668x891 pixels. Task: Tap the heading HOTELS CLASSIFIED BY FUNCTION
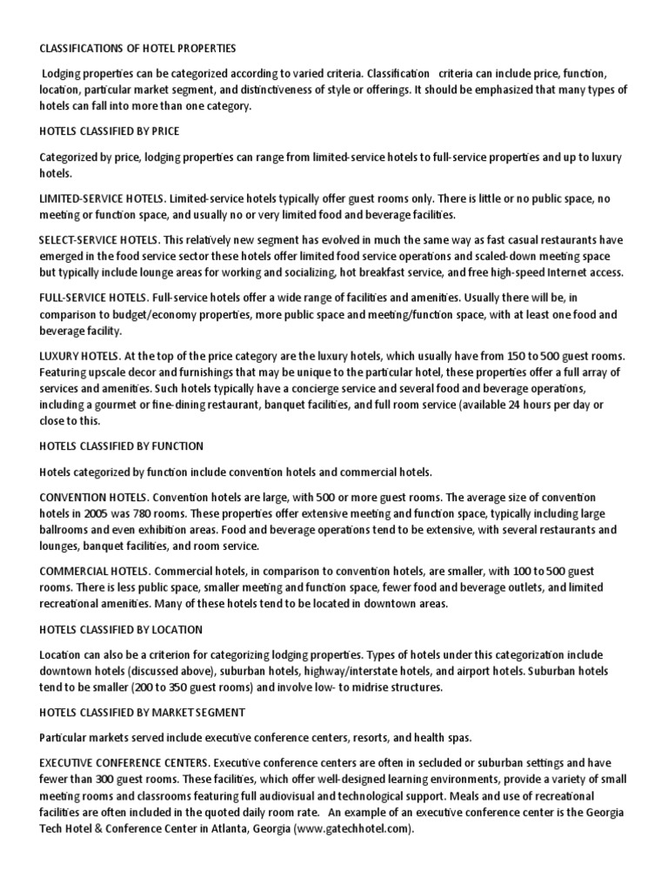[x=121, y=446]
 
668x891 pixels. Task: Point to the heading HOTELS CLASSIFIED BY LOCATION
[x=121, y=629]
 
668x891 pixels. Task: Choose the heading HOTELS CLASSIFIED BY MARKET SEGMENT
[x=142, y=713]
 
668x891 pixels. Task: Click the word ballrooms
[x=69, y=530]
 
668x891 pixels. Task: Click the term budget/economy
[x=158, y=314]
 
